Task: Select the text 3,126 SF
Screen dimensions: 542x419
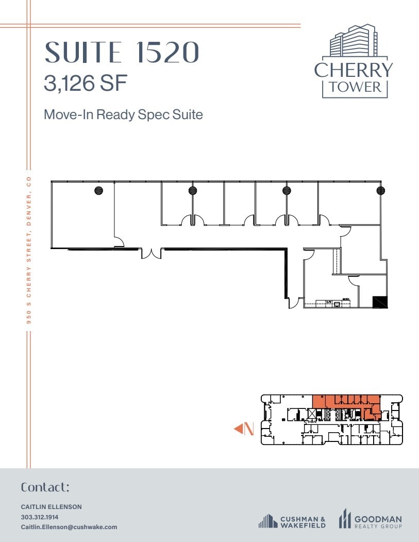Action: pos(85,83)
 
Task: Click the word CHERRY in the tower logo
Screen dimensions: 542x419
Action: pos(354,70)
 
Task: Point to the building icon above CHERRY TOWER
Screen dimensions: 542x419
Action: pos(354,41)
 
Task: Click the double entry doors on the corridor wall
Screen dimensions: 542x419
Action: pos(151,253)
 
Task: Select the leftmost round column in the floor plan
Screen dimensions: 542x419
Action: pos(98,190)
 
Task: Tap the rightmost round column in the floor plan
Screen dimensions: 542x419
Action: pos(380,190)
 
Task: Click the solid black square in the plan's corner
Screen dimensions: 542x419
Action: pos(380,302)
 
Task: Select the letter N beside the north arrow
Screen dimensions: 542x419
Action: pos(249,429)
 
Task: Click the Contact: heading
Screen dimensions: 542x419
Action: pos(45,487)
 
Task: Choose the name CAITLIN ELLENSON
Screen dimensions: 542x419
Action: pos(51,507)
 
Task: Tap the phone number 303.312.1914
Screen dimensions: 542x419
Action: pos(40,517)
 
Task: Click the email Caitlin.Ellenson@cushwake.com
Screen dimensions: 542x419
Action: pos(69,527)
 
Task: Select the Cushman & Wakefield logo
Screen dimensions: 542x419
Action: pos(292,521)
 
